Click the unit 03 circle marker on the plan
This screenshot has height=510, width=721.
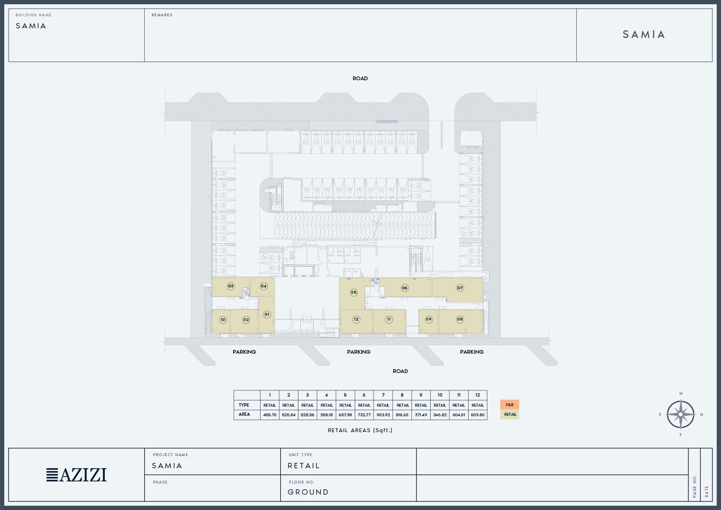point(231,286)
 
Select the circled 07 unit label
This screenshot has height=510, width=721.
point(460,288)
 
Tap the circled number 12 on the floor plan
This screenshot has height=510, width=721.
point(356,319)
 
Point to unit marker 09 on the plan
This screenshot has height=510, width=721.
point(429,319)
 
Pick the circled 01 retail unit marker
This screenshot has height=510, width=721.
point(267,314)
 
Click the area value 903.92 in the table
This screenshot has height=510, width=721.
point(383,415)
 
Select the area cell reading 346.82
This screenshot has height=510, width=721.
point(440,415)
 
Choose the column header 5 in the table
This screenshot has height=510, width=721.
point(345,395)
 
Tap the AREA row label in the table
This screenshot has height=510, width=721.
point(244,414)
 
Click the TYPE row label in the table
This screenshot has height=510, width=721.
point(244,405)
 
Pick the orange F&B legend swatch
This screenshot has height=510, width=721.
point(510,405)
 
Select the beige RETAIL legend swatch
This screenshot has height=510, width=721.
point(510,414)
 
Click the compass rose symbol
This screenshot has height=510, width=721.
point(681,414)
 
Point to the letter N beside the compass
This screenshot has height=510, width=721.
point(701,414)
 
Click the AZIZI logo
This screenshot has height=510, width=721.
point(77,475)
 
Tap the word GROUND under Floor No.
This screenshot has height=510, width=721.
point(308,492)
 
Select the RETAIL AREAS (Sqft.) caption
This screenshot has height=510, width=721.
point(360,430)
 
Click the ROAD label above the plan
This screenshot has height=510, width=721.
point(360,78)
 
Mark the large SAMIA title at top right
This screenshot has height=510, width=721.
point(644,35)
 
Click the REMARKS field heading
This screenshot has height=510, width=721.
point(162,15)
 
